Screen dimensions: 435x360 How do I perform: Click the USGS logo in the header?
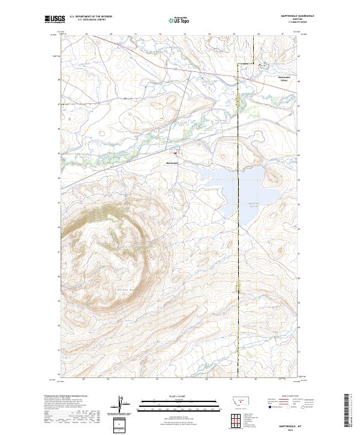(55, 19)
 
